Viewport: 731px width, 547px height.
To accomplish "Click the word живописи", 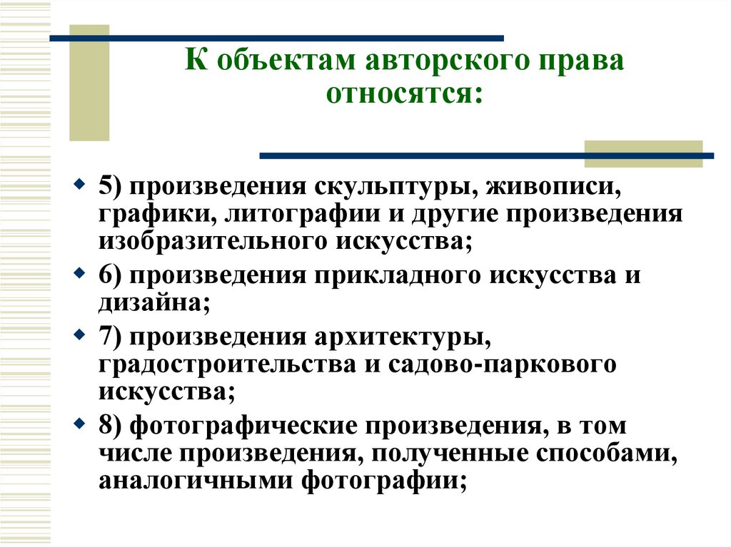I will coord(550,187).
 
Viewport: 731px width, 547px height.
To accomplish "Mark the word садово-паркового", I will coord(492,364).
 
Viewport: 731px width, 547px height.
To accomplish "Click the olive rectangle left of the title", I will coord(89,82).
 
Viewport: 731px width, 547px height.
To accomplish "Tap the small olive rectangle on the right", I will coord(642,153).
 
